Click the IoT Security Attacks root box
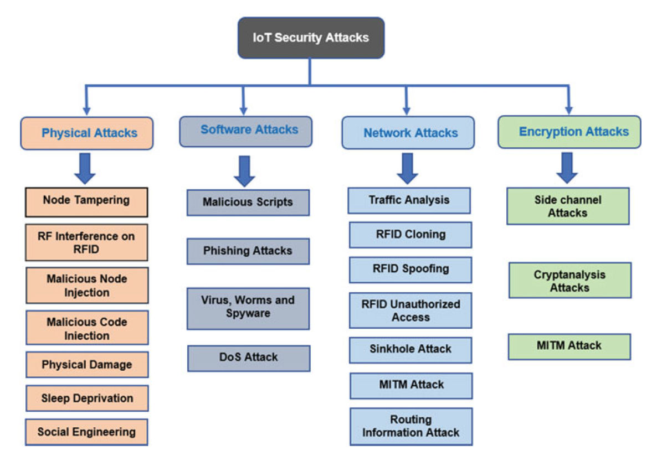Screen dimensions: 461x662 pos(311,38)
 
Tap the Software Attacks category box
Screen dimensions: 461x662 pos(246,131)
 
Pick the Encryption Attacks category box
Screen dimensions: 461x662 pos(569,132)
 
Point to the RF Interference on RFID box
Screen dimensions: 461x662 pos(87,242)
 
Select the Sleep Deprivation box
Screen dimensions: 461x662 pos(87,398)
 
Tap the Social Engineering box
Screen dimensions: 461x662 pos(87,432)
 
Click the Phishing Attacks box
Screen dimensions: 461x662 pos(248,251)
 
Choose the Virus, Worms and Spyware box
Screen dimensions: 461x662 pos(248,308)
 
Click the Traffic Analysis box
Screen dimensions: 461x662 pos(409,200)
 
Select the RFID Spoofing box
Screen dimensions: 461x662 pos(410,270)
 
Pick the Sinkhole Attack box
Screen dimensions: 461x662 pos(410,350)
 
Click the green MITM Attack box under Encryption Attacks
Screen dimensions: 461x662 pos(569,346)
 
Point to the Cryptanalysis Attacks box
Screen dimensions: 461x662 pos(569,281)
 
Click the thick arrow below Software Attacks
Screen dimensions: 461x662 pos(244,171)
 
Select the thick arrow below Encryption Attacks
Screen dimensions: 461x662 pos(567,168)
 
